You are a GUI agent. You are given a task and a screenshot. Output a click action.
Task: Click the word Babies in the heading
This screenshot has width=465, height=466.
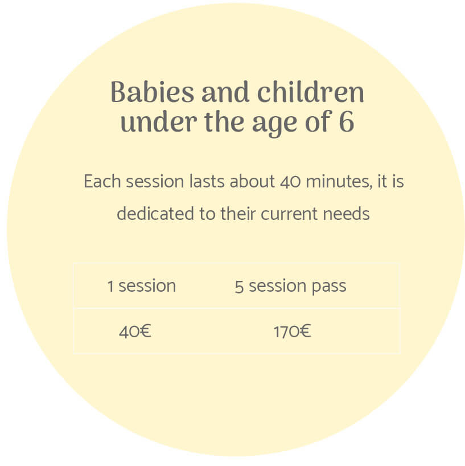153,92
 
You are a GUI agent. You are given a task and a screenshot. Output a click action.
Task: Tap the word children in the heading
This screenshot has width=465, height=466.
311,92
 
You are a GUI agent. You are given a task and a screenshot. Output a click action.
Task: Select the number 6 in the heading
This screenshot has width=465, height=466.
346,121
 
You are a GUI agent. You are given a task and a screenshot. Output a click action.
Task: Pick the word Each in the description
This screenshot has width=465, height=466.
102,181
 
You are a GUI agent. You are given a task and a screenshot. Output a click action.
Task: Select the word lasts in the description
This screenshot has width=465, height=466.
207,181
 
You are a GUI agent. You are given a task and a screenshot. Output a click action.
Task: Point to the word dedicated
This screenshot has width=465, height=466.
155,214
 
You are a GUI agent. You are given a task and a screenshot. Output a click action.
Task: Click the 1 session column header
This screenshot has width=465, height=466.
142,286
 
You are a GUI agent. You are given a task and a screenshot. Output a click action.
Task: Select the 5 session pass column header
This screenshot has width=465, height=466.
290,287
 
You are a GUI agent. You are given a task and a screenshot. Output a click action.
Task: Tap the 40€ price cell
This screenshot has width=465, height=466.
135,332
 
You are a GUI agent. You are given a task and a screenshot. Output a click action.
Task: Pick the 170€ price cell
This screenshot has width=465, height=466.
292,332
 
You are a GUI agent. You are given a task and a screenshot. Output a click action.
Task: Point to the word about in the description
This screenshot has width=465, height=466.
252,181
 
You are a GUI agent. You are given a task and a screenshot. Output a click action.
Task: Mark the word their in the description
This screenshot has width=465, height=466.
238,214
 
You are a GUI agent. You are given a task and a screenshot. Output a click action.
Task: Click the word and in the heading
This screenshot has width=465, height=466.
225,92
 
